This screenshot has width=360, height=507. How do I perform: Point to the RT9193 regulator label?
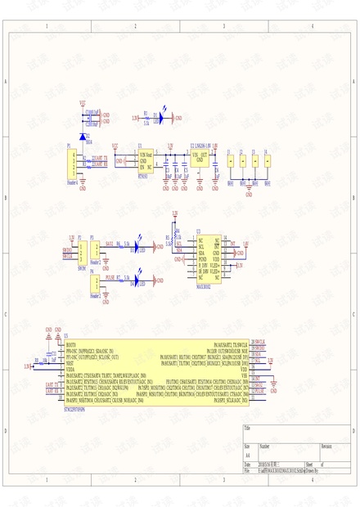143,176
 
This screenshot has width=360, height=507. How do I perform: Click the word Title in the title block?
248,428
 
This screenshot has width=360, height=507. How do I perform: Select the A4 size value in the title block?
248,456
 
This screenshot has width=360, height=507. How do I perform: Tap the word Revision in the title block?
326,446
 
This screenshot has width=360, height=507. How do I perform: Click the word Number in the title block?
264,446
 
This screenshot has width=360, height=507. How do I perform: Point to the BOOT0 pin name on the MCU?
70,345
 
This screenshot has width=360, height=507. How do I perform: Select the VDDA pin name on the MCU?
70,370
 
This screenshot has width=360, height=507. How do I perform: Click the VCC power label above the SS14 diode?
82,104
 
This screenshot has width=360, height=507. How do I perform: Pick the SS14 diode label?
88,141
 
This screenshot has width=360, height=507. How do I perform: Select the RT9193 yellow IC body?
147,160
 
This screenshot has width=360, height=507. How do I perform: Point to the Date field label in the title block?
248,464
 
